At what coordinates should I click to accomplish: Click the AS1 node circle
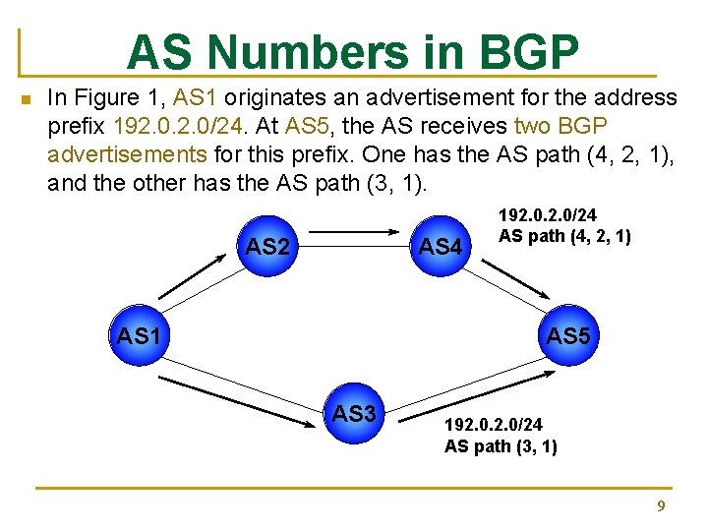[139, 336]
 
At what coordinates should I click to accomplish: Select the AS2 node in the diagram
[267, 246]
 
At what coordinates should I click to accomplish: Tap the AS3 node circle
[355, 414]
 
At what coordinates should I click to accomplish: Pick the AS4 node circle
[440, 246]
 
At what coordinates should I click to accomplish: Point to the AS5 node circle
[567, 336]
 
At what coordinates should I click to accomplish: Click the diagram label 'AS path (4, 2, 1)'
[564, 236]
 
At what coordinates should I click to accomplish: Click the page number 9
[661, 506]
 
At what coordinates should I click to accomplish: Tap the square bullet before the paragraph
[27, 98]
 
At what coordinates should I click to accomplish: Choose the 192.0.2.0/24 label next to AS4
[548, 214]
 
